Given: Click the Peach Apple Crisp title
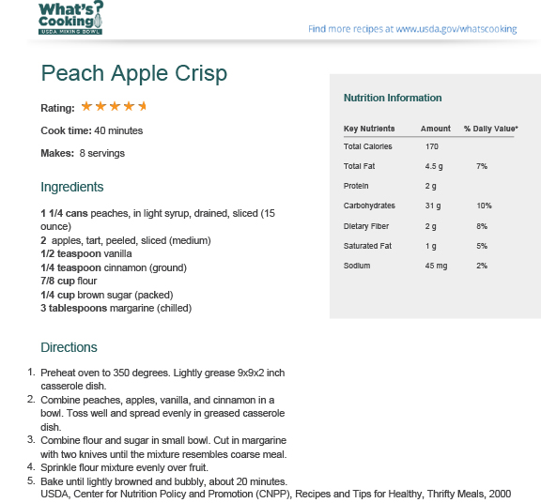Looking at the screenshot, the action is click(x=134, y=73).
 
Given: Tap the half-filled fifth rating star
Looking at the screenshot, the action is click(x=143, y=107).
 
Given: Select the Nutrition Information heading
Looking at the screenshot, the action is click(x=393, y=98).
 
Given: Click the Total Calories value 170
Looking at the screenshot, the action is click(x=432, y=146).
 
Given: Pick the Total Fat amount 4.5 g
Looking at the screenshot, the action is click(x=434, y=166).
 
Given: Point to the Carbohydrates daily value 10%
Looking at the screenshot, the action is click(x=484, y=206).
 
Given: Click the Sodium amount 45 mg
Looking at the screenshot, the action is click(x=436, y=266).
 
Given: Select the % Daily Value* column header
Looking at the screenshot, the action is click(x=490, y=129).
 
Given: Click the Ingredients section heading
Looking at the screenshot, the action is click(x=72, y=187).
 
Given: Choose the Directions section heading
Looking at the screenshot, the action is click(x=70, y=347).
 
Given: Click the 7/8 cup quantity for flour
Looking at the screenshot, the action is click(x=59, y=281).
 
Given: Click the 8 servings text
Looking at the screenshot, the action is click(x=102, y=153).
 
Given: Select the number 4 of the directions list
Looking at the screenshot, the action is click(x=31, y=466).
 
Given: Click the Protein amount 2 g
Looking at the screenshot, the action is click(x=431, y=186).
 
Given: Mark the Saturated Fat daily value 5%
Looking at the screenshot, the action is click(x=482, y=246).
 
